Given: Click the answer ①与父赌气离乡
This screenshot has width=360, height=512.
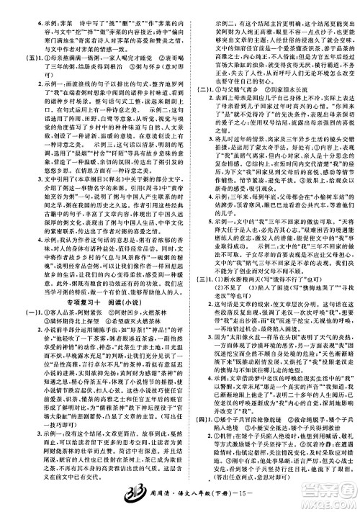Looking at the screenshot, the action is (x=230, y=110).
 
